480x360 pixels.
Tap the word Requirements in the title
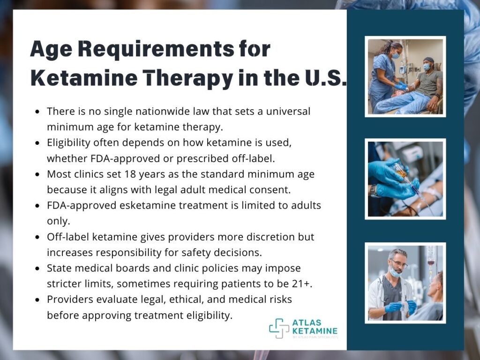point(156,49)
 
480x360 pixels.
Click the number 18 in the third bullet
point(130,174)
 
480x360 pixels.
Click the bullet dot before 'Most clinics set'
point(37,174)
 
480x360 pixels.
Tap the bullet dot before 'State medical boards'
point(37,269)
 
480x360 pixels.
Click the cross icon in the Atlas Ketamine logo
point(279,329)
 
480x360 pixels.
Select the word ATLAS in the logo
point(307,322)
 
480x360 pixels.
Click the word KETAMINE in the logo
point(315,331)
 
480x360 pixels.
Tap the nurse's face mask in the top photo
point(395,56)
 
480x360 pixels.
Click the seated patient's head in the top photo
point(428,63)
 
